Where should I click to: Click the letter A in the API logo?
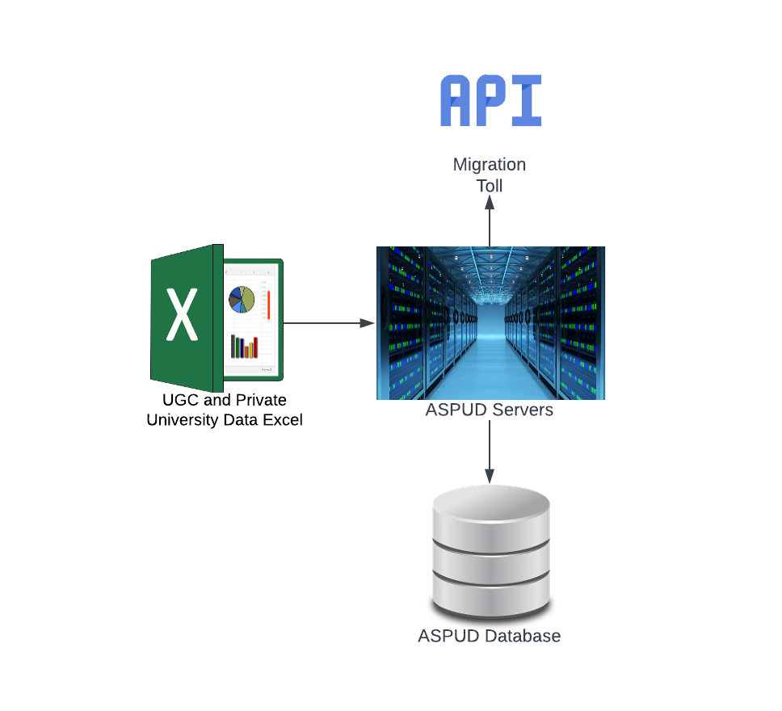pyautogui.click(x=455, y=100)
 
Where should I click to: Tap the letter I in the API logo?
pyautogui.click(x=527, y=100)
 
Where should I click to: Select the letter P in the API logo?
pyautogui.click(x=491, y=100)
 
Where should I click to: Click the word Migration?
pyautogui.click(x=490, y=165)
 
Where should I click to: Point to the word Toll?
pyautogui.click(x=490, y=186)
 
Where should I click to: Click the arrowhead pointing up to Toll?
pyautogui.click(x=490, y=202)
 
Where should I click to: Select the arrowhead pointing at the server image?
pyautogui.click(x=367, y=323)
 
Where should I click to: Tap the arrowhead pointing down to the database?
pyautogui.click(x=490, y=476)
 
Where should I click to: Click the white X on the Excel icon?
pyautogui.click(x=182, y=315)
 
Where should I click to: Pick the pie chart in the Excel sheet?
pyautogui.click(x=242, y=300)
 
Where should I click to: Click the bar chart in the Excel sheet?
pyautogui.click(x=244, y=347)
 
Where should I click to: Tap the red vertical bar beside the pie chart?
pyautogui.click(x=269, y=305)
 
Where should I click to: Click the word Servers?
pyautogui.click(x=523, y=410)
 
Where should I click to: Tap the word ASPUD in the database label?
pyautogui.click(x=449, y=636)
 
